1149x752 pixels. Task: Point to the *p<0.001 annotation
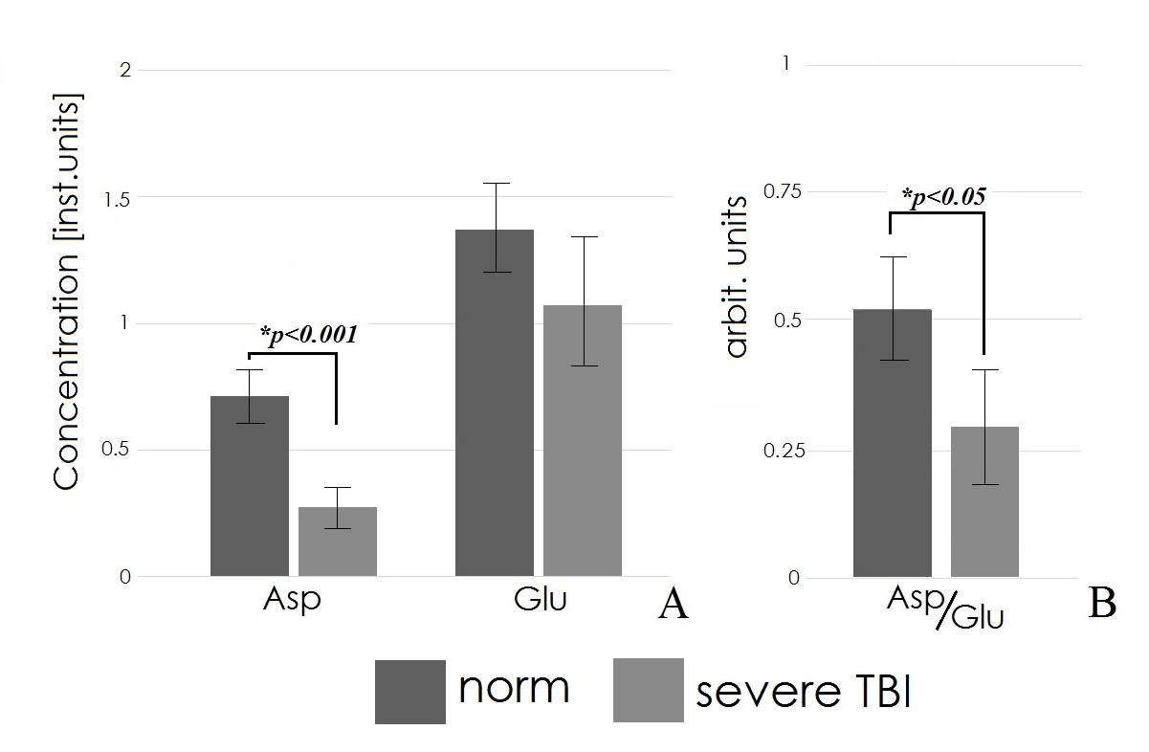(x=308, y=335)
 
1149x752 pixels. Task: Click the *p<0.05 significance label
(x=943, y=197)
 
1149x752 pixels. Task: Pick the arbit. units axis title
(x=737, y=277)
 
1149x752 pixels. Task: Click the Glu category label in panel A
(x=540, y=601)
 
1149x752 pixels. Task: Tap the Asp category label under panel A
(x=291, y=602)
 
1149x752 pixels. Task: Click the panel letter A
(x=674, y=606)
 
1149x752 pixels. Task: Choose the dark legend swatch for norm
(x=410, y=691)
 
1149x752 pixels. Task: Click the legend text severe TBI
(x=803, y=694)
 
